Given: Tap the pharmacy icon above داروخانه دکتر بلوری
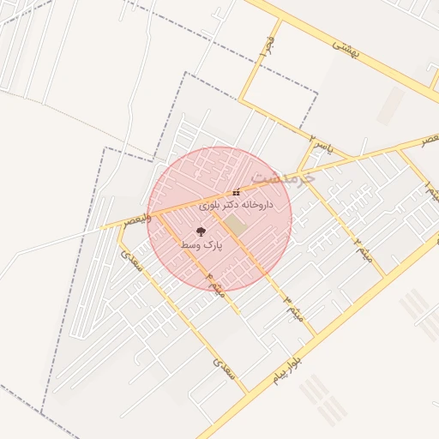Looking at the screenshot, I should [x=236, y=193].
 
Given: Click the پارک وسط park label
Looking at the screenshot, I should [x=201, y=245].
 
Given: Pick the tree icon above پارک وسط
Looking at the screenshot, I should [x=201, y=232].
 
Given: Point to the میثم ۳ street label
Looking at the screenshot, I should [x=292, y=303].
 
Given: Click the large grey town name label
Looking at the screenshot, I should [x=288, y=177].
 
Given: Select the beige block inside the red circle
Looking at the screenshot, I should [x=234, y=224].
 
